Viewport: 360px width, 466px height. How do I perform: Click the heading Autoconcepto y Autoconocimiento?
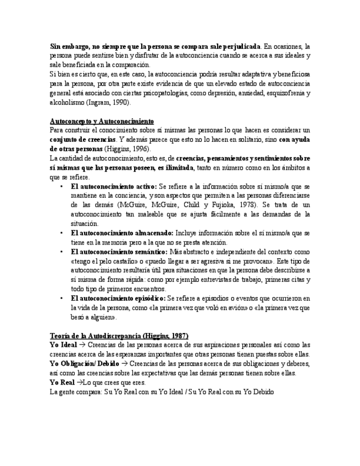pyautogui.click(x=102, y=121)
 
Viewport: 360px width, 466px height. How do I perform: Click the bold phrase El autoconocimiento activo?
pyautogui.click(x=114, y=187)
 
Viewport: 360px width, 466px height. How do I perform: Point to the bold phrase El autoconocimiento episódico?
pyautogui.click(x=118, y=298)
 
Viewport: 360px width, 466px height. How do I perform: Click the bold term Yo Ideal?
pyautogui.click(x=63, y=345)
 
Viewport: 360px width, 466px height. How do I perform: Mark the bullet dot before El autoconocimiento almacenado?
pyautogui.click(x=62, y=233)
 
